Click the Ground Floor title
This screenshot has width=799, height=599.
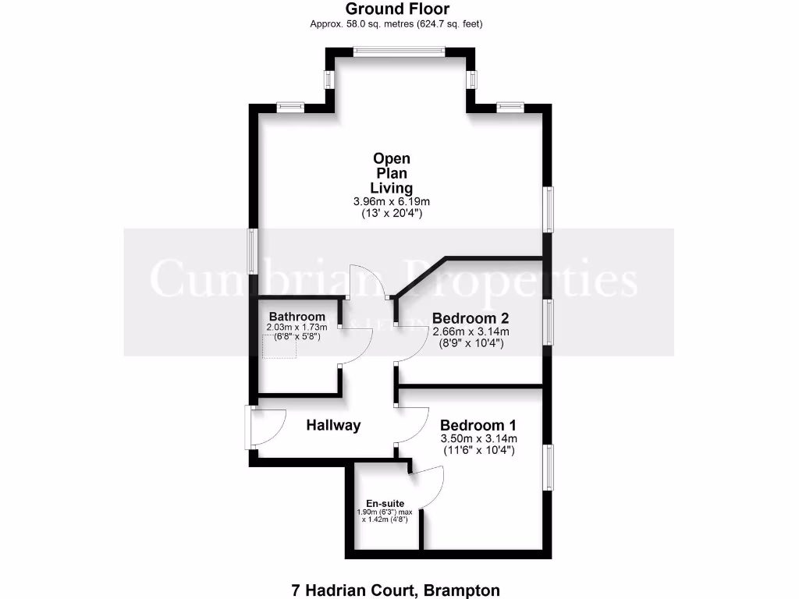click(397, 9)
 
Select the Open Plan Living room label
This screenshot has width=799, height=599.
click(392, 173)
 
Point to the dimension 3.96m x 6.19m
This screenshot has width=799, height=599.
click(392, 201)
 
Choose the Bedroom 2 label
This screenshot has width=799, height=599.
click(471, 318)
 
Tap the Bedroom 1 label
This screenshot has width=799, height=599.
click(478, 426)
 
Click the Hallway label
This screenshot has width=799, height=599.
click(333, 425)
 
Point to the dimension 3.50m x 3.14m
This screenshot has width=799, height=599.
click(478, 439)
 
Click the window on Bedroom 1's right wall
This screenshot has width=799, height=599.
click(548, 468)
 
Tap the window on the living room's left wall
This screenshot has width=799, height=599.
click(252, 250)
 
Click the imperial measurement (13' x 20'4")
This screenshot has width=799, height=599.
click(392, 213)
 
